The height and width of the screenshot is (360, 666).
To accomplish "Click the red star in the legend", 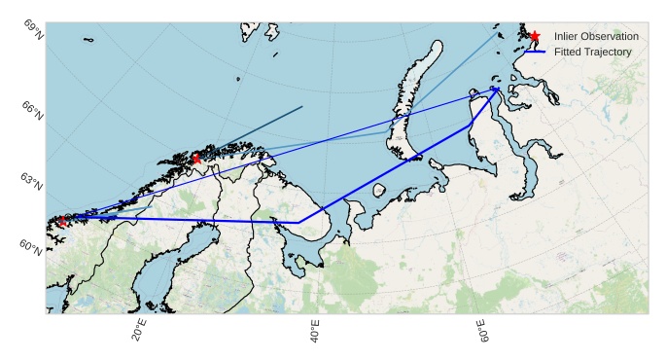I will click(x=535, y=36).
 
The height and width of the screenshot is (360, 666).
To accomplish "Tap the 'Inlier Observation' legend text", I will click(x=596, y=36).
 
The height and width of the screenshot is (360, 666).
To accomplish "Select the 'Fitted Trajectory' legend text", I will click(x=593, y=51).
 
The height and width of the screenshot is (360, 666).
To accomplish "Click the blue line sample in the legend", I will click(x=535, y=51).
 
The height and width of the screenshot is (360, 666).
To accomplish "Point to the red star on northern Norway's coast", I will click(x=196, y=158).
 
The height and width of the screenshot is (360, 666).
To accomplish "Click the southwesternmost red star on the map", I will click(x=63, y=221).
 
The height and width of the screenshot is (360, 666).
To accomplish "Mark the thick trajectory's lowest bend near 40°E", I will click(x=298, y=223).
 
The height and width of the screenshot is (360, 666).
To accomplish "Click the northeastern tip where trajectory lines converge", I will click(x=496, y=89).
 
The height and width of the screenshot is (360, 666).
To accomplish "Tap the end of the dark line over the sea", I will click(x=302, y=106).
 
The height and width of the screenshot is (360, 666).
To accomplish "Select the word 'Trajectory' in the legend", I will click(x=611, y=51).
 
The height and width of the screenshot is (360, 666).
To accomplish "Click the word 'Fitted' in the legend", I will click(x=569, y=51).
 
